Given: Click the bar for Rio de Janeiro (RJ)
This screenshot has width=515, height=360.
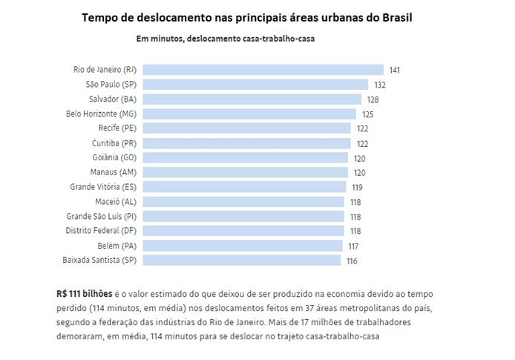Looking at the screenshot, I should (x=263, y=70).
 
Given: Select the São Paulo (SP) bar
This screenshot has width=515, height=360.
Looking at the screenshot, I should (x=255, y=85).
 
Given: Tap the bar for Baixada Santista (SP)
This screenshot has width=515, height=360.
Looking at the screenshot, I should (x=241, y=261).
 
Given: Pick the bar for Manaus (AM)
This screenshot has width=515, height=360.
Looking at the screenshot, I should (x=244, y=172).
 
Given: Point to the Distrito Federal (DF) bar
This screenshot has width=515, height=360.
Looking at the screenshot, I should (x=243, y=231).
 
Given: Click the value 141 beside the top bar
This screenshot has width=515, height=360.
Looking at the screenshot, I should (x=395, y=71).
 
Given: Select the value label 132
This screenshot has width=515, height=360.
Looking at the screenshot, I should (x=379, y=85).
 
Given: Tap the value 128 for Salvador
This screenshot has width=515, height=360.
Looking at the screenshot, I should (x=372, y=99).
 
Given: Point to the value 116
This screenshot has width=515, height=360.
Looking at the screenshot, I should (x=351, y=261).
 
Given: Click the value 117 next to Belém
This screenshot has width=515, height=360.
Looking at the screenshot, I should (x=354, y=246).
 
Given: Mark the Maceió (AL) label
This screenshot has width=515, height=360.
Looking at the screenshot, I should (x=117, y=202).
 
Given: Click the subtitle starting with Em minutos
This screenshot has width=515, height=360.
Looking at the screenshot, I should (x=225, y=39).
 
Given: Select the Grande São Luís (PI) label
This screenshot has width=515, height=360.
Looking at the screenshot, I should (x=101, y=217).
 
